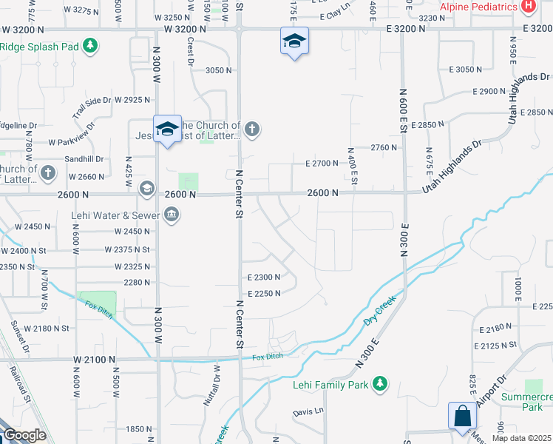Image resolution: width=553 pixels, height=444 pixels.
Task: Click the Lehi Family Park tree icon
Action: pyautogui.click(x=379, y=383)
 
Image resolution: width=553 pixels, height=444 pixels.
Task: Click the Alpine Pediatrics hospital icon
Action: pyautogui.click(x=529, y=7)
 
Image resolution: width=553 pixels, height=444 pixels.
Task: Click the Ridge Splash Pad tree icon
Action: pyautogui.click(x=90, y=46)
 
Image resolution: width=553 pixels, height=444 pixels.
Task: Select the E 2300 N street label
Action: pyautogui.click(x=262, y=277)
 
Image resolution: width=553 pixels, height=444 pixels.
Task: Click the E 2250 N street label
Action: pyautogui.click(x=262, y=294)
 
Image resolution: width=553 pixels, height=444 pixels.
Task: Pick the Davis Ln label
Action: pyautogui.click(x=308, y=411)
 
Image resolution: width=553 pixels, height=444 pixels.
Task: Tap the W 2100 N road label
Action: pyautogui.click(x=94, y=359)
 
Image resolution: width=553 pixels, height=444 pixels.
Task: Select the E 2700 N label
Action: pyautogui.click(x=321, y=164)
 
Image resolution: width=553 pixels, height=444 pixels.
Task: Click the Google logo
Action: pyautogui.click(x=24, y=436)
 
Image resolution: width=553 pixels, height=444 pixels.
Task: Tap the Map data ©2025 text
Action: pyautogui.click(x=521, y=438)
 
